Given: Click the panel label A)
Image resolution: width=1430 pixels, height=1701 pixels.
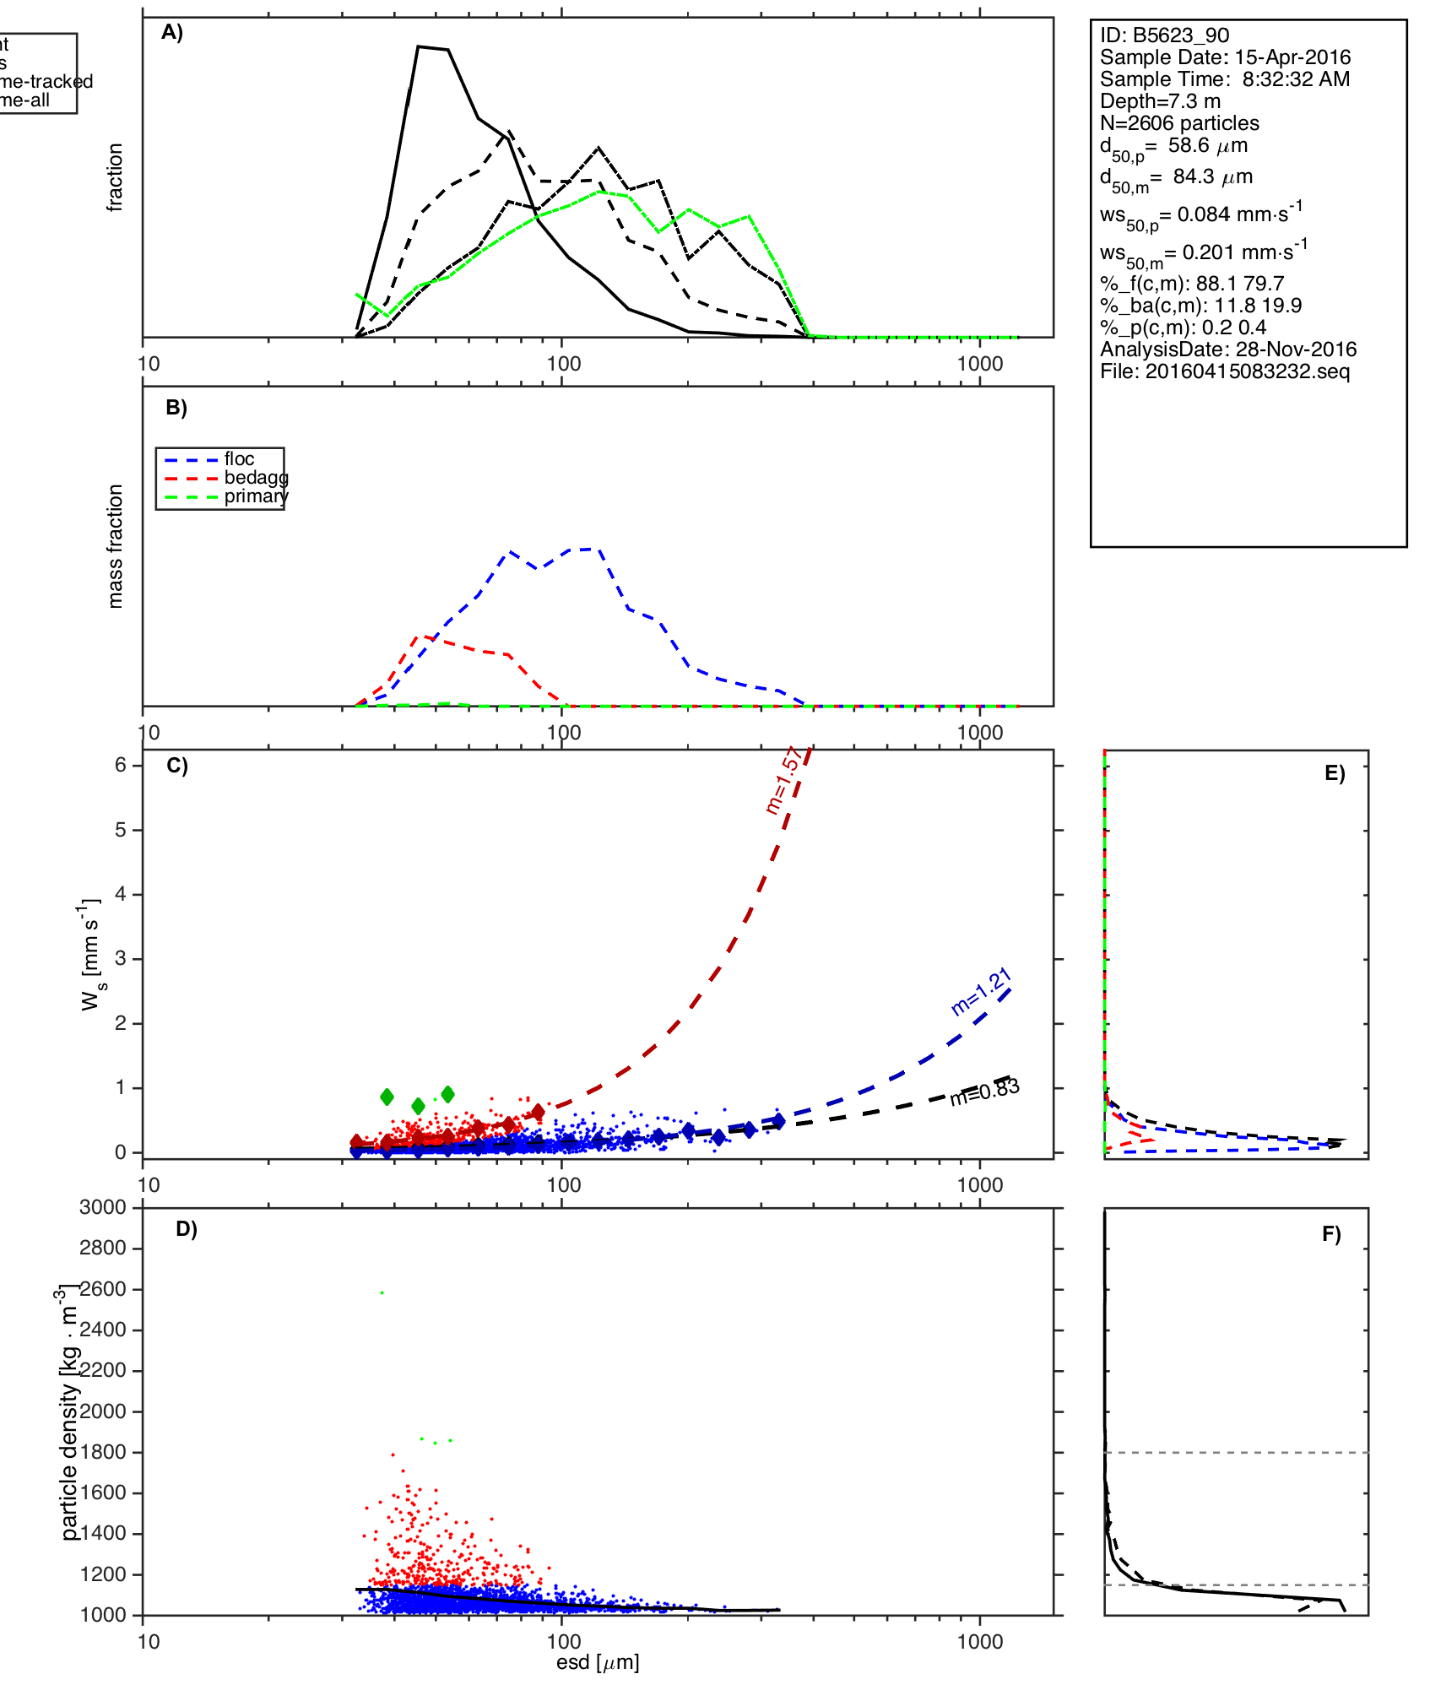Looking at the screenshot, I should point(172,33).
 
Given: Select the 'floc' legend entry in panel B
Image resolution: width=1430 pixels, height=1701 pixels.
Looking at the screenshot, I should point(239,459).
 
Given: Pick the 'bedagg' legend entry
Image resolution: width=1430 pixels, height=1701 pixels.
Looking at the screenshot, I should point(255,478).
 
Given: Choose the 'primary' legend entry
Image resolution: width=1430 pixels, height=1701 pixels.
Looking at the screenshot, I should point(255,496).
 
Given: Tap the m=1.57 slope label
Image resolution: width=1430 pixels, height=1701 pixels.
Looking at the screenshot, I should point(783,781).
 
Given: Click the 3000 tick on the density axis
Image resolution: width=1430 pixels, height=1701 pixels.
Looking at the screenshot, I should point(102,1207).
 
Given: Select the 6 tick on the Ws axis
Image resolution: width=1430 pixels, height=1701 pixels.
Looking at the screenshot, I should point(121,765).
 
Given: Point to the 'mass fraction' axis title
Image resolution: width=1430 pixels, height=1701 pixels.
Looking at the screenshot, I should point(116,546).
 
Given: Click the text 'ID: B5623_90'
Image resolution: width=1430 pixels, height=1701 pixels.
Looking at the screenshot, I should point(1164,35).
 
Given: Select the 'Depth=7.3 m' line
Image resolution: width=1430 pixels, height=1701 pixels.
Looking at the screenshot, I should point(1160,101).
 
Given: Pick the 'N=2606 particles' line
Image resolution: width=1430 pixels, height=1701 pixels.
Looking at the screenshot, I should point(1179,123).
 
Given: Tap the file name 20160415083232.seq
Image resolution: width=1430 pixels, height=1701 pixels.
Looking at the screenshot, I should point(1225,371).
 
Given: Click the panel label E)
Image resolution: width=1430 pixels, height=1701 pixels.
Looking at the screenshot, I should point(1335,773).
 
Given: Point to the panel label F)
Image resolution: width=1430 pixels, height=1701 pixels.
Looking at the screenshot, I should point(1331,1234).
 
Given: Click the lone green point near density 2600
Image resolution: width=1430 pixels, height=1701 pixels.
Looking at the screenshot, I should point(382,1292).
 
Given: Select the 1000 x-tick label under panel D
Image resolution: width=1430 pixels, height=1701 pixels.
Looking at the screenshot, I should point(980,1641).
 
